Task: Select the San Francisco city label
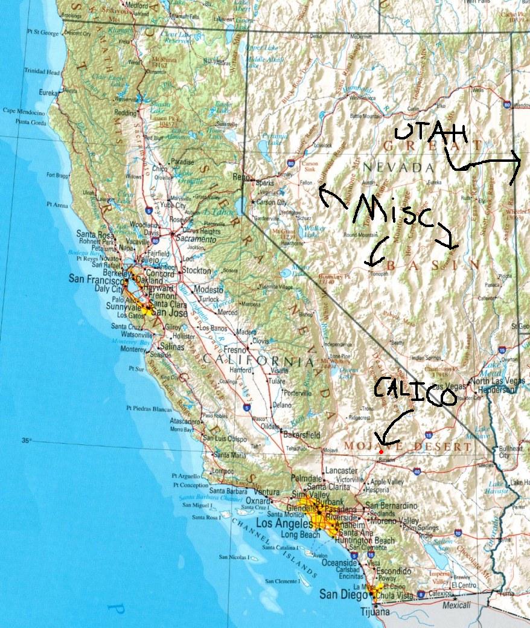tap(97, 278)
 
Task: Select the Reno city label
tap(241, 177)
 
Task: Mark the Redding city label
tap(126, 113)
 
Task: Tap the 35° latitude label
tap(26, 440)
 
